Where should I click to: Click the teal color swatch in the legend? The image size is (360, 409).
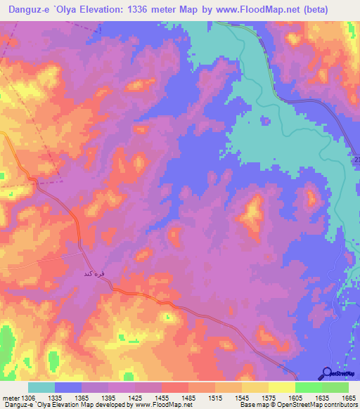41,387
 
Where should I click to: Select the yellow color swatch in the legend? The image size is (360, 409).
281,387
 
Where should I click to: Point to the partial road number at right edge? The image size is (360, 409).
356,161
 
